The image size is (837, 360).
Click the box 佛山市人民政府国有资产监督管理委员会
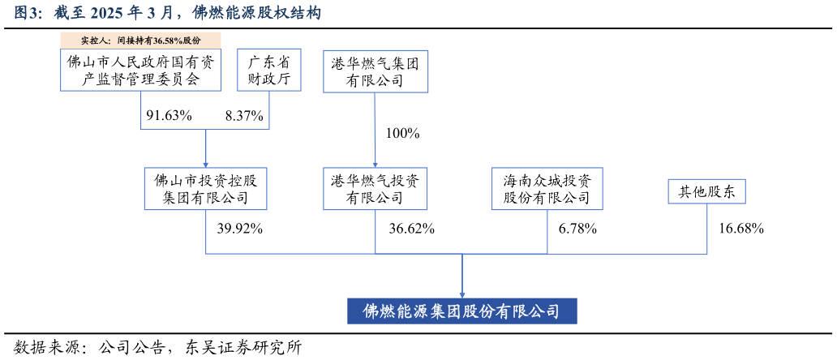click(x=140, y=70)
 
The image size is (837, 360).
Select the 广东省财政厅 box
click(x=268, y=70)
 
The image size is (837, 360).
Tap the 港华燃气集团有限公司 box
click(x=376, y=71)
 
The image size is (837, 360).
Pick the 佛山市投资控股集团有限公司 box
click(x=205, y=189)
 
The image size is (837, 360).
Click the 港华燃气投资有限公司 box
click(x=375, y=189)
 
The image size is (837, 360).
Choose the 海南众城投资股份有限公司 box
click(x=547, y=189)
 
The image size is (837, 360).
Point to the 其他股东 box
click(x=706, y=191)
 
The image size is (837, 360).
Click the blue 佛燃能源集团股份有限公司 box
click(x=461, y=311)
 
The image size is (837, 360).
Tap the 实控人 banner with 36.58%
click(x=140, y=40)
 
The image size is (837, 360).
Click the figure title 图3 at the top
click(x=28, y=13)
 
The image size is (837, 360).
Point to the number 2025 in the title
click(x=106, y=13)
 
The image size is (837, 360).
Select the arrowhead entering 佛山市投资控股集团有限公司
click(x=205, y=165)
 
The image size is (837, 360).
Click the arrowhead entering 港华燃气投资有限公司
click(x=375, y=165)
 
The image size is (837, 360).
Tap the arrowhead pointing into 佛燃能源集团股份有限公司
click(x=462, y=295)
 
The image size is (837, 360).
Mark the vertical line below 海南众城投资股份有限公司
click(x=547, y=232)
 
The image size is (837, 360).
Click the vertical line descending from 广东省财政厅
click(x=269, y=110)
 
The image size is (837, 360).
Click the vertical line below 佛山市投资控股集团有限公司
click(x=206, y=232)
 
